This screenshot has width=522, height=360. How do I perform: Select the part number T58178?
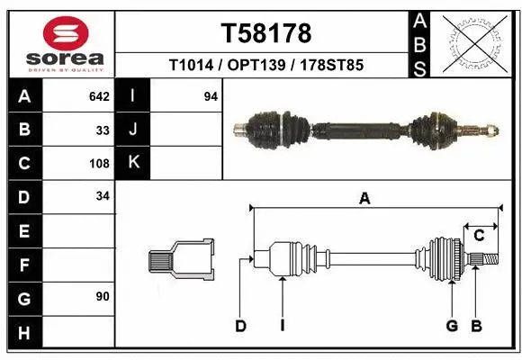click(x=265, y=33)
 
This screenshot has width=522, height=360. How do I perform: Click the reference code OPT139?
click(x=265, y=66)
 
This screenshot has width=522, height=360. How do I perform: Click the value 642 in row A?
click(x=99, y=96)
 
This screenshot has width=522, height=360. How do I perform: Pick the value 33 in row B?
click(x=103, y=130)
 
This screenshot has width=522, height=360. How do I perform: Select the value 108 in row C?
click(x=99, y=164)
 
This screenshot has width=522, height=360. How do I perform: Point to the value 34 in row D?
click(x=103, y=195)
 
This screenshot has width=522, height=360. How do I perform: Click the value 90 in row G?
click(x=103, y=296)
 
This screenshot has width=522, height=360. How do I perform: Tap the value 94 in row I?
click(x=211, y=96)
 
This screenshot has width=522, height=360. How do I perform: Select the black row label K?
click(x=132, y=163)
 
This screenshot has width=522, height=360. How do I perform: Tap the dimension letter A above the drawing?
click(x=364, y=200)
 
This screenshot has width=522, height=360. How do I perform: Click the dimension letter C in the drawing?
click(x=479, y=236)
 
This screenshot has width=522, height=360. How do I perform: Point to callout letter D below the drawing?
click(x=240, y=326)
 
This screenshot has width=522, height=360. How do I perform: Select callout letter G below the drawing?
click(x=452, y=326)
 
